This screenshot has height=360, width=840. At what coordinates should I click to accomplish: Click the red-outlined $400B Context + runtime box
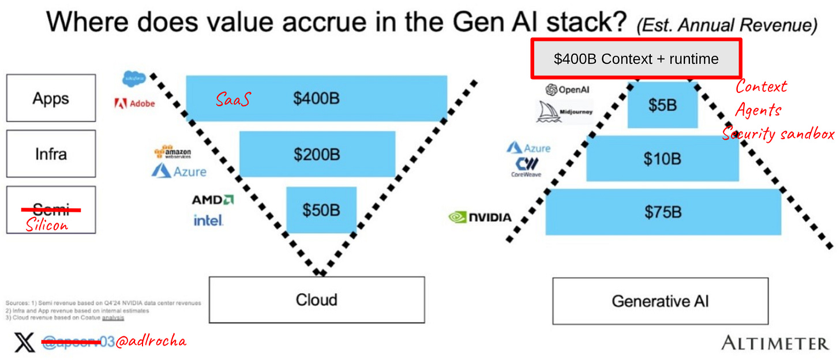[x=636, y=59]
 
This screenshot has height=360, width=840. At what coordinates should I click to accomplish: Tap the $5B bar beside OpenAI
[x=662, y=104]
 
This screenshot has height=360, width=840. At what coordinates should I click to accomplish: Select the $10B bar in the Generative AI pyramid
[x=662, y=159]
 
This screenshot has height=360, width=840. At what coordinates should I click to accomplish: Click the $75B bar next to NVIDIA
[x=663, y=212]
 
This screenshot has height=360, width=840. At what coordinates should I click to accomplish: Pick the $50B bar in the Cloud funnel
[x=321, y=210]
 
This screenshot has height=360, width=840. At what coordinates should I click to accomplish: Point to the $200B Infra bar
[x=317, y=154]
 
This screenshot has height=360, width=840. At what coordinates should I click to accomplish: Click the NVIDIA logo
[x=480, y=217]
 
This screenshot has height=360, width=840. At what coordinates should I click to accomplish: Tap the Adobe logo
[x=134, y=104]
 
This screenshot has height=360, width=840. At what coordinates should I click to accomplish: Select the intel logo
[x=208, y=220]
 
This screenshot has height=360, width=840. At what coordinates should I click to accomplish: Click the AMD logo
[x=212, y=200]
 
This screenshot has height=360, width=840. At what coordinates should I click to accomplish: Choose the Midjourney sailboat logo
[x=564, y=112]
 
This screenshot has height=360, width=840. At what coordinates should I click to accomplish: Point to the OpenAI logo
[x=567, y=89]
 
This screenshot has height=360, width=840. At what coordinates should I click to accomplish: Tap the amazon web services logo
[x=172, y=152]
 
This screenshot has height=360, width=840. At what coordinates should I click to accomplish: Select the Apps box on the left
[x=51, y=97]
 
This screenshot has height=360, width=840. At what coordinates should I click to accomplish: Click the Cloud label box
[x=317, y=300]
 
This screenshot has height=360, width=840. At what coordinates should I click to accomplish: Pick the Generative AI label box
[x=660, y=301]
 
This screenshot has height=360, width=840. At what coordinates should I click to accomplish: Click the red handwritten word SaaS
[x=233, y=99]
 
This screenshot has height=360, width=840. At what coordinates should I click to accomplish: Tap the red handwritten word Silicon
[x=47, y=225]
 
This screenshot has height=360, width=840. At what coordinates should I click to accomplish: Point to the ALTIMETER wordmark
[x=775, y=344]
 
